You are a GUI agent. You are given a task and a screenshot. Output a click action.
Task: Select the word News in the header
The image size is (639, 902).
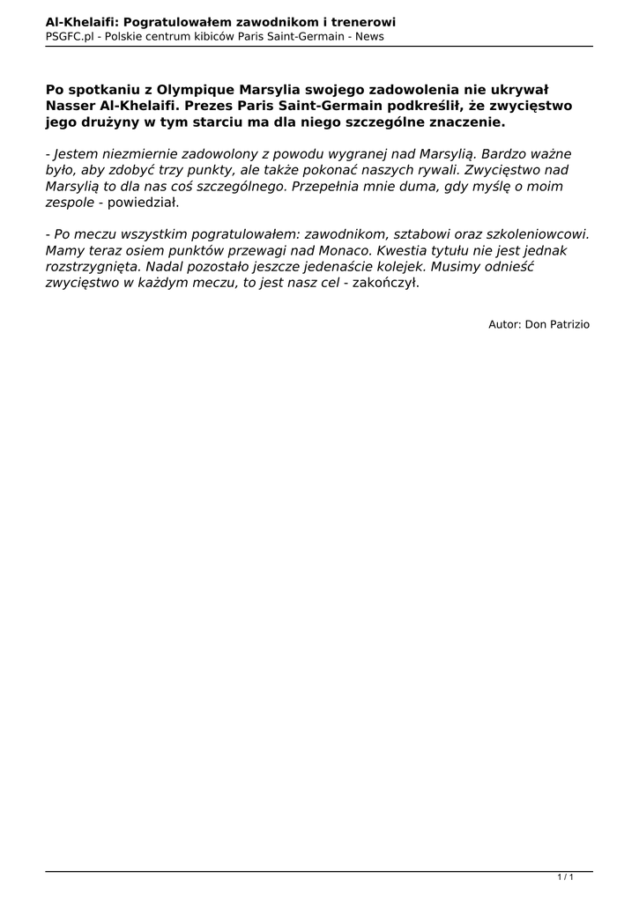(x=369, y=36)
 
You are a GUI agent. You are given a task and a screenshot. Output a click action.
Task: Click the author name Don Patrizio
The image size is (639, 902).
(x=557, y=324)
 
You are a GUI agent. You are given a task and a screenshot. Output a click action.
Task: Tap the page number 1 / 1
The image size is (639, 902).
(x=565, y=877)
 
